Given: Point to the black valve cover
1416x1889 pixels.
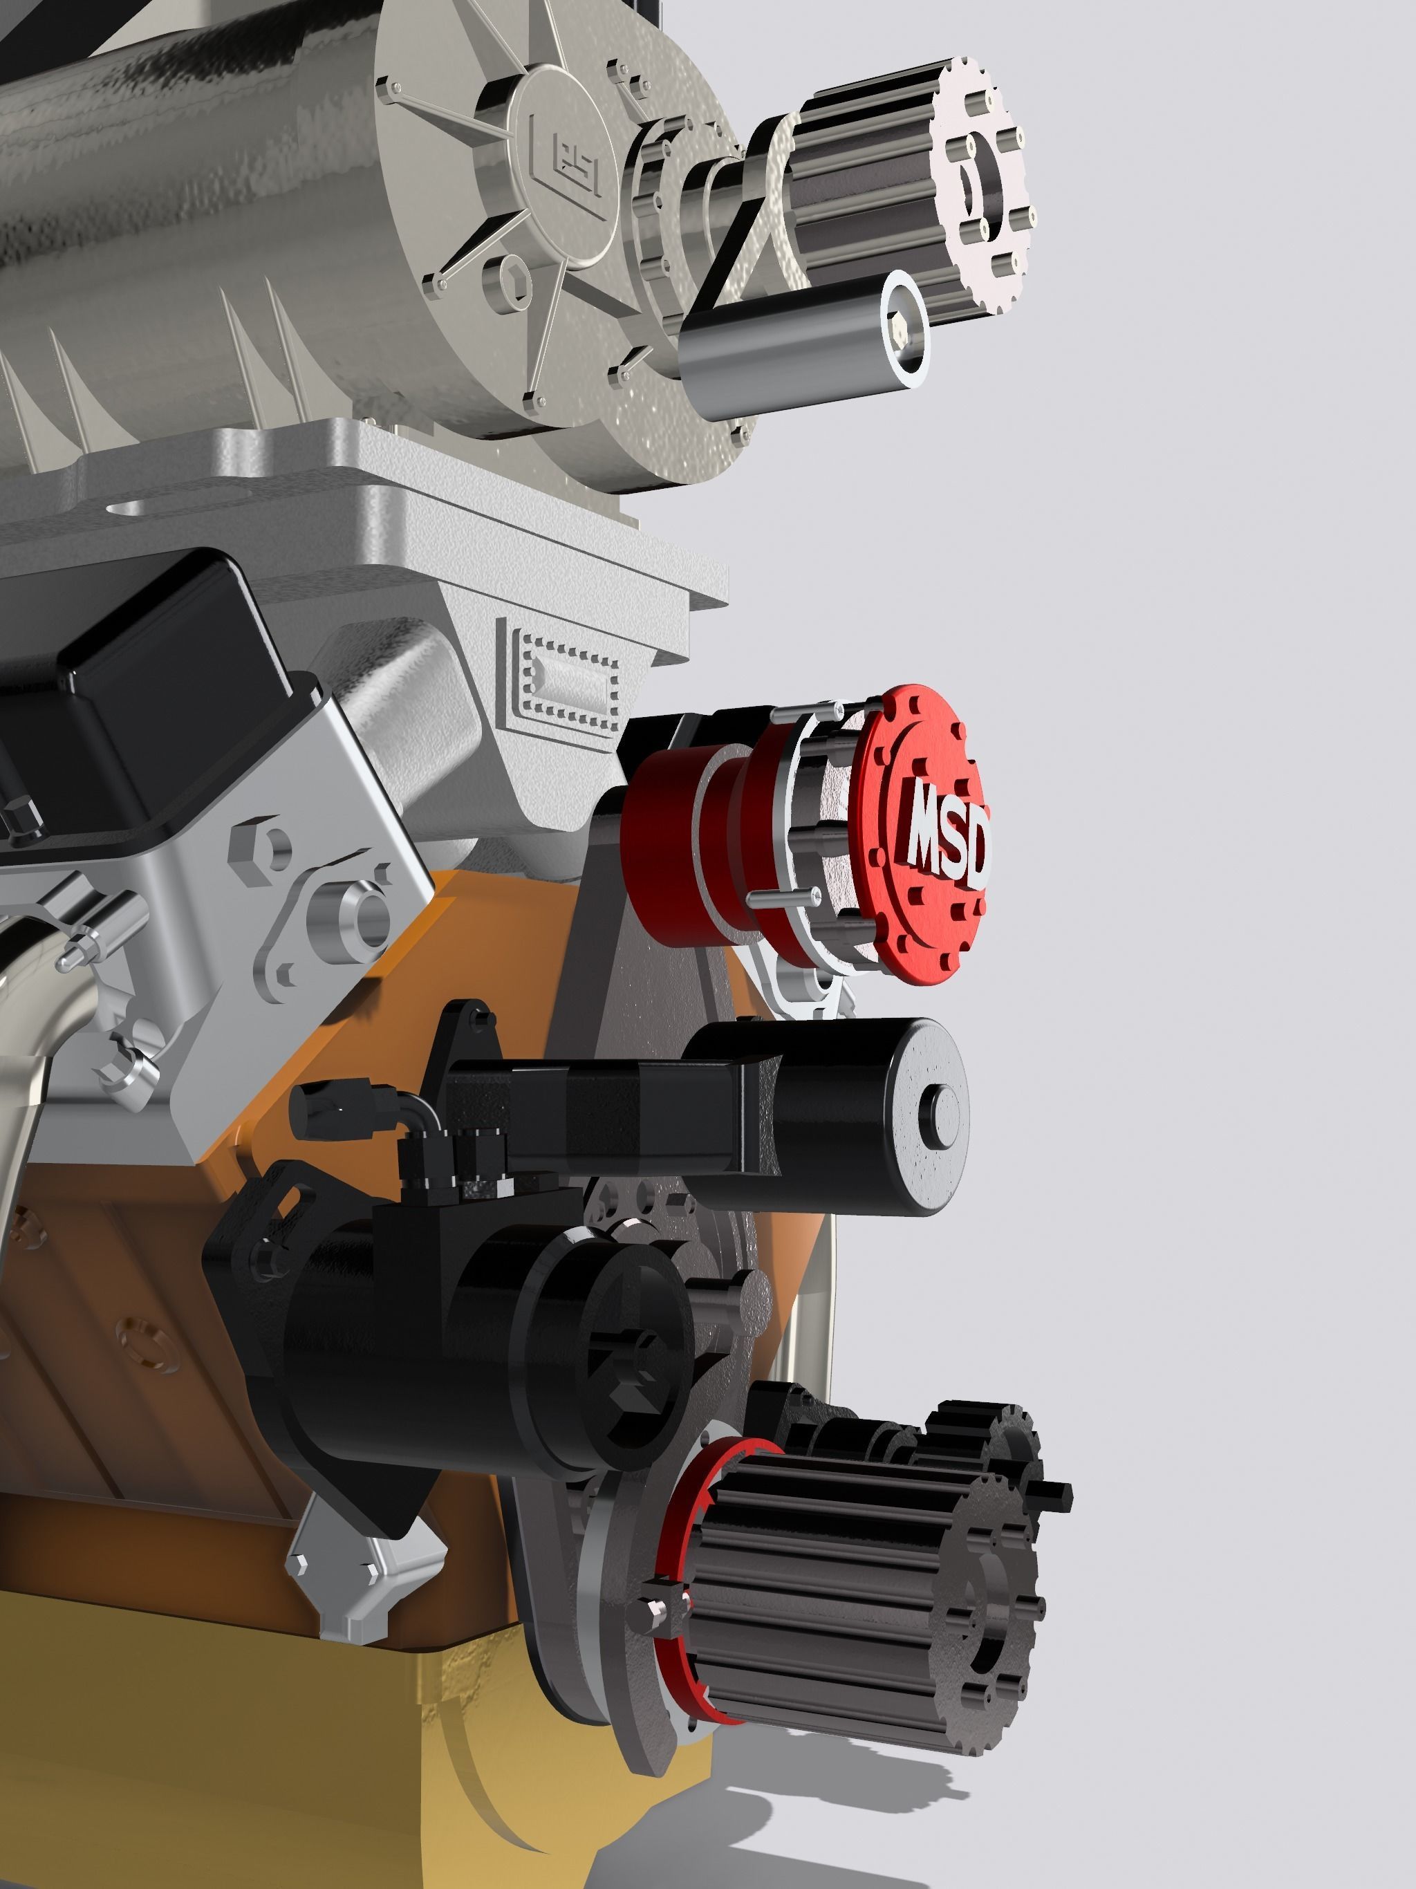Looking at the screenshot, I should click(128, 683).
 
